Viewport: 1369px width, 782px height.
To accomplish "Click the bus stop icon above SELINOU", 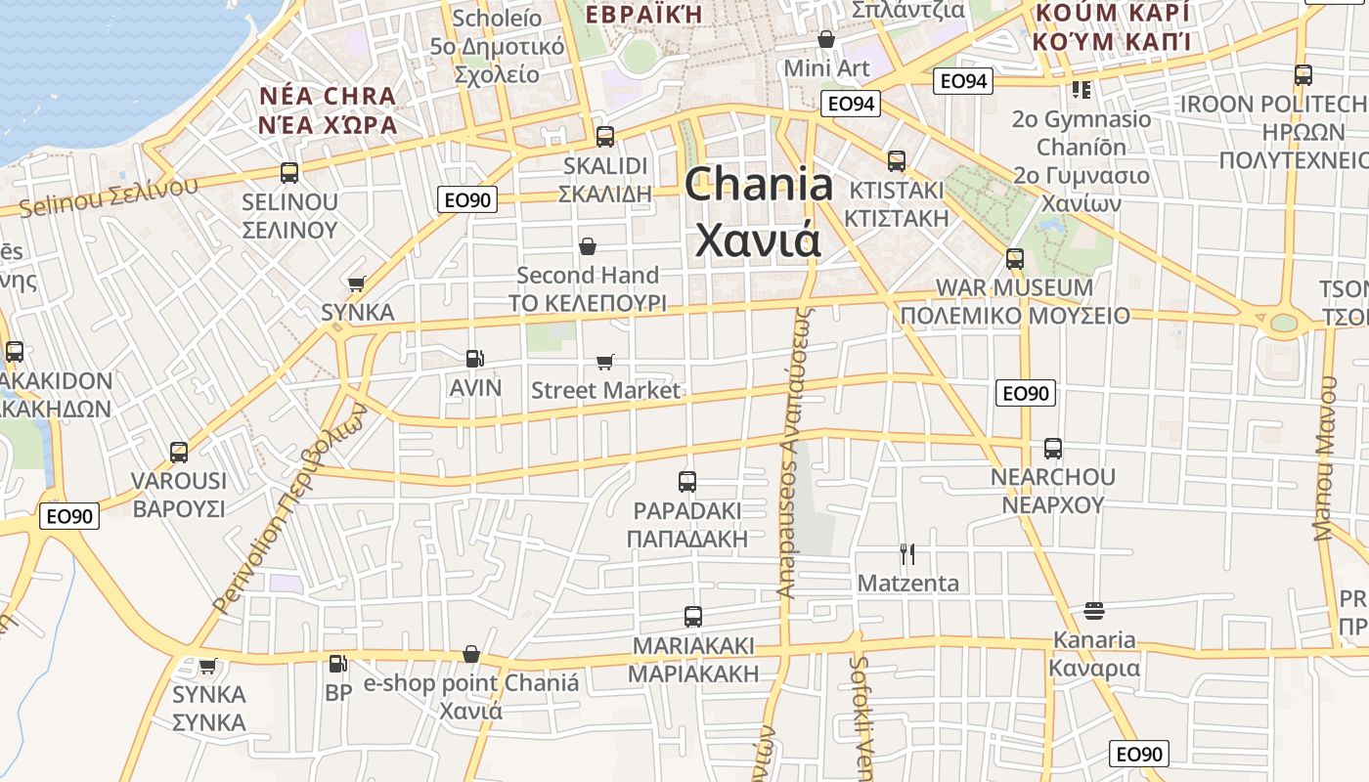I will point(289,173).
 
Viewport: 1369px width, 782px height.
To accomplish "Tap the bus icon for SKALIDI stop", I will point(605,137).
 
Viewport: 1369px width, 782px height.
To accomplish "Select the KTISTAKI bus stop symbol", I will point(897,161).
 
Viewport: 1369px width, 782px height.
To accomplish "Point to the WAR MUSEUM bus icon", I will point(1015,259).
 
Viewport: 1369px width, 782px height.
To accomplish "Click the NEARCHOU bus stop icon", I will point(1053,449).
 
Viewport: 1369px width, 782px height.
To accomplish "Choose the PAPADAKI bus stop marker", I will point(687,482).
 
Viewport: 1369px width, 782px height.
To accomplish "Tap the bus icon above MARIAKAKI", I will point(693,617).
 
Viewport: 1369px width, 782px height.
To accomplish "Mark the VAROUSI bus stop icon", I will point(179,453).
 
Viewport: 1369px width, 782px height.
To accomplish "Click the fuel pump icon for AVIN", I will point(474,359).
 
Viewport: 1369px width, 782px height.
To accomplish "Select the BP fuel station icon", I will point(337,664).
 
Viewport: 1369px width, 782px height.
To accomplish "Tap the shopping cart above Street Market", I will point(605,363).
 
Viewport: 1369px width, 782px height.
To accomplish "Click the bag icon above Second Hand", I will point(588,246).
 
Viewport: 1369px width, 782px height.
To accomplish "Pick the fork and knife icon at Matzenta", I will point(907,554).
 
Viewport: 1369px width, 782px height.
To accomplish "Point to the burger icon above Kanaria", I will point(1094,612).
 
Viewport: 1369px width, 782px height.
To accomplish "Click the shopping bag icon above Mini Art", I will point(826,39).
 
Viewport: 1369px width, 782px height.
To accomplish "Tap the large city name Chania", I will point(759,185).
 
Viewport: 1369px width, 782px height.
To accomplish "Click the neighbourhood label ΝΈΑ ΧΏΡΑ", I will point(329,125).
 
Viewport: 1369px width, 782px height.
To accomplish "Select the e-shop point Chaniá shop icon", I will point(471,654).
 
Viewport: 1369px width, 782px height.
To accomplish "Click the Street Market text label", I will point(605,391).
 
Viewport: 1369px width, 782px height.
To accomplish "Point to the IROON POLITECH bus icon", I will point(1303,75).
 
